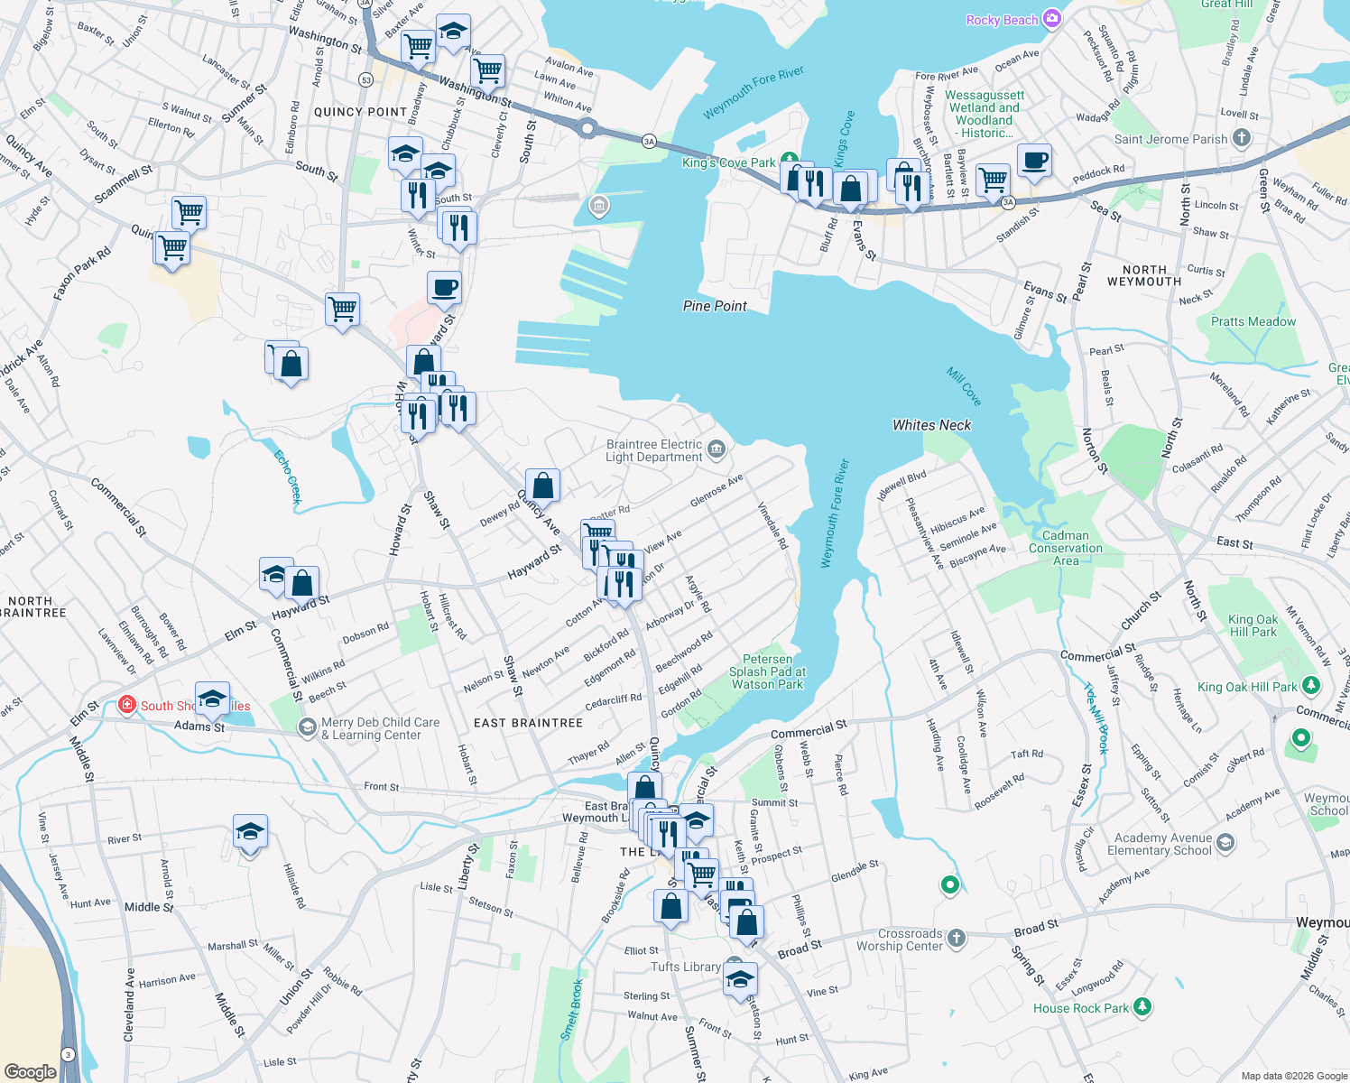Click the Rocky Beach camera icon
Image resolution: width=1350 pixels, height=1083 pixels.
(1051, 19)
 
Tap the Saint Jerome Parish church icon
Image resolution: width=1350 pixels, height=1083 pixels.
(1242, 138)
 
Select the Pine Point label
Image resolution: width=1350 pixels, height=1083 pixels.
(715, 306)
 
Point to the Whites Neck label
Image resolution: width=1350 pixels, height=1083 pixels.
(931, 425)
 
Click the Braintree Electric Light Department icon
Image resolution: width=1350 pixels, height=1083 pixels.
(717, 449)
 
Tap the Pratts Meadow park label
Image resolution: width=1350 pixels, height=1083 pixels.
(1253, 321)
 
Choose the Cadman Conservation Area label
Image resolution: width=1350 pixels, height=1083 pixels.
(1066, 548)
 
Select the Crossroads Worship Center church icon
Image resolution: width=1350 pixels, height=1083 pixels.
(957, 939)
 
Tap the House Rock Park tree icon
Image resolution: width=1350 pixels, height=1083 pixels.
(1142, 1006)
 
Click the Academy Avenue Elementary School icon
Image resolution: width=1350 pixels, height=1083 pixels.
(1225, 843)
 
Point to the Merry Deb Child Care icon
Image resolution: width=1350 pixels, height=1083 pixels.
(308, 727)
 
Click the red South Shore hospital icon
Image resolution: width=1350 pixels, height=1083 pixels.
(127, 705)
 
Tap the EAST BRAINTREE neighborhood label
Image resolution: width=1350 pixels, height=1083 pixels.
(529, 723)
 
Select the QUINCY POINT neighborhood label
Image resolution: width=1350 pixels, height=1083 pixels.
(360, 112)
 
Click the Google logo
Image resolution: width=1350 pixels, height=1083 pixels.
(30, 1071)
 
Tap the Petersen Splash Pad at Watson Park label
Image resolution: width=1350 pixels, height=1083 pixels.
(767, 671)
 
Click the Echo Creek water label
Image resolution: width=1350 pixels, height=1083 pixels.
(289, 476)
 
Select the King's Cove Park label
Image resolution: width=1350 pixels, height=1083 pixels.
(729, 163)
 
